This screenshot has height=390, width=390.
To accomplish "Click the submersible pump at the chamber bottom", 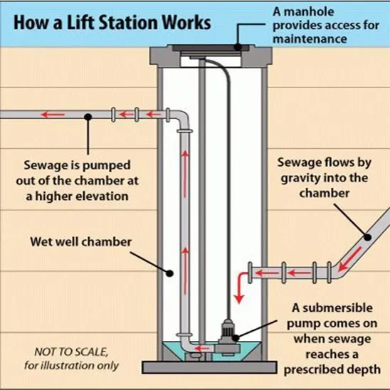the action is click(x=228, y=336).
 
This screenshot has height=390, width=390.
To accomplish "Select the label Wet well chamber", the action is click(x=81, y=242).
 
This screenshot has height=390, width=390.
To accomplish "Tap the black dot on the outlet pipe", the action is click(x=88, y=117).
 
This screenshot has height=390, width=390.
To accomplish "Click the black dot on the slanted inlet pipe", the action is click(x=368, y=237).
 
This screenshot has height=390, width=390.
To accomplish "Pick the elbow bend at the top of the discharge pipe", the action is click(x=181, y=119).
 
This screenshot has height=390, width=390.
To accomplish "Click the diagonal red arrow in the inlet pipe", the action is click(x=349, y=258).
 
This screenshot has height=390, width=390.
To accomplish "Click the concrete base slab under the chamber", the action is click(x=209, y=367).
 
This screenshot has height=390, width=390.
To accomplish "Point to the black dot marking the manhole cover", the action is click(x=238, y=47).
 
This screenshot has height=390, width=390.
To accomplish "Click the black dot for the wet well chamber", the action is click(x=169, y=273).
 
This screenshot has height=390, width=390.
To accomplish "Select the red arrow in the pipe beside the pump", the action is click(x=202, y=348).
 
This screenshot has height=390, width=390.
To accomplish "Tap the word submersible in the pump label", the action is click(x=337, y=308).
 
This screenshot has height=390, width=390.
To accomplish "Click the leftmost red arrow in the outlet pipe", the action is click(x=53, y=115).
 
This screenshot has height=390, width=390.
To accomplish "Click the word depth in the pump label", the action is click(x=364, y=370).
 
